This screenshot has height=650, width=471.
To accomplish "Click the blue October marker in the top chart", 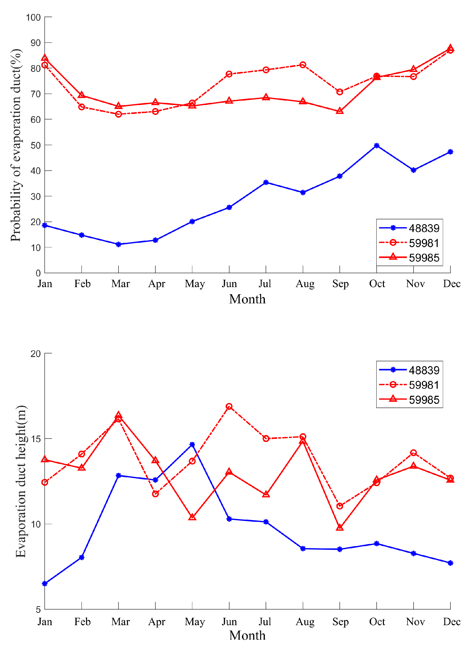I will [x=377, y=146].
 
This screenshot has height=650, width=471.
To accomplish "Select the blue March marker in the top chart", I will [x=118, y=244].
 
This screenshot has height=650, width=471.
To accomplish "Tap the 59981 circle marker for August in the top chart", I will [x=303, y=65].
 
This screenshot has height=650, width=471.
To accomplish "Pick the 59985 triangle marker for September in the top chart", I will [x=340, y=111].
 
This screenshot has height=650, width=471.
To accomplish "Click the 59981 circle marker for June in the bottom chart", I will [x=229, y=406].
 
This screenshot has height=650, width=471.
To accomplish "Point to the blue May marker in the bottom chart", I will [x=192, y=445].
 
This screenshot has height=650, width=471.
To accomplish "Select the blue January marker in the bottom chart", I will [x=45, y=584].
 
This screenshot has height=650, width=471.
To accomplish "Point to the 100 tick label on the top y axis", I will [x=33, y=17].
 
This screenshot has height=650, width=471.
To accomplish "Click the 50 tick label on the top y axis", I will [x=35, y=145].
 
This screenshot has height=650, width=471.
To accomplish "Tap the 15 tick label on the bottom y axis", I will [x=35, y=439].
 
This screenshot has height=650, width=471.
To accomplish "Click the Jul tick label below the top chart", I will [x=265, y=284].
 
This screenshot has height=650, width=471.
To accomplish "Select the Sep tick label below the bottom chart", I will [x=340, y=622].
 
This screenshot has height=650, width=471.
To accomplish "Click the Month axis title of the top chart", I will [x=247, y=299].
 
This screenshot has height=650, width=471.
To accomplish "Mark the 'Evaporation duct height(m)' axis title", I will [x=21, y=481].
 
